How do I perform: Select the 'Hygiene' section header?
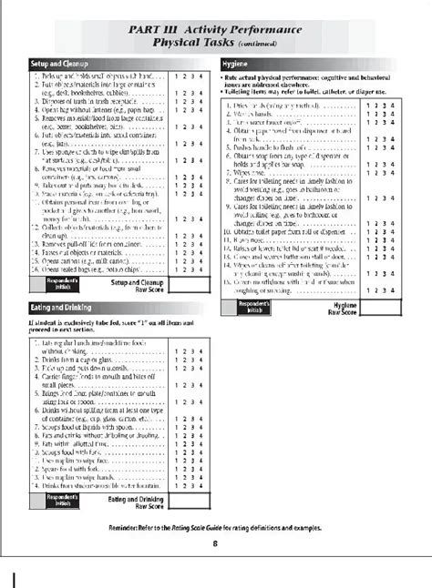(239, 63)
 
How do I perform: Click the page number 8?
(215, 544)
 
